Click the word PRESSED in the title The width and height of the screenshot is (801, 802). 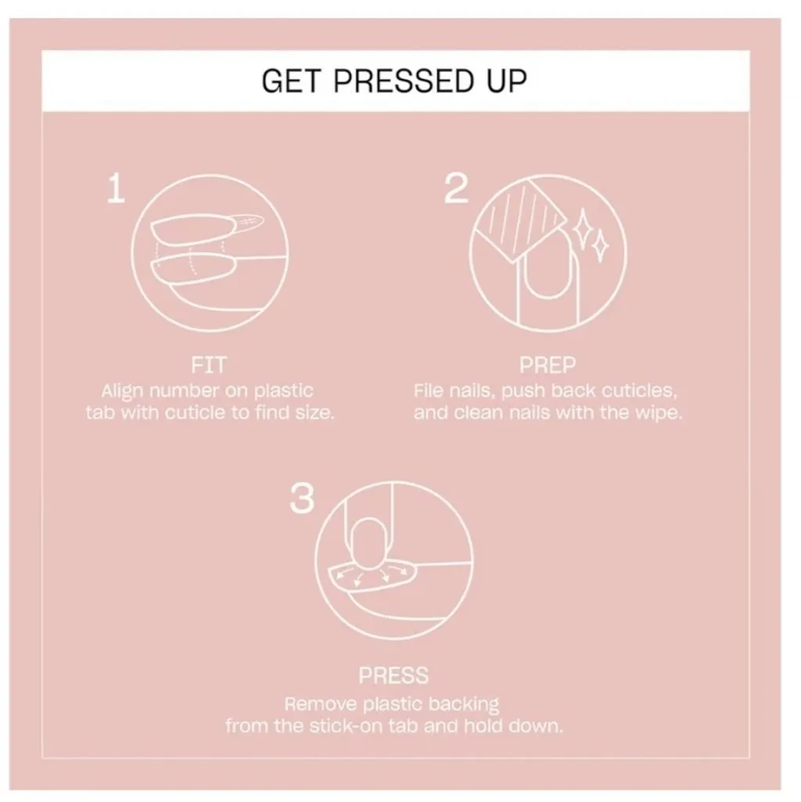click(404, 81)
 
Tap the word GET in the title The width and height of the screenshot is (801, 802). click(291, 81)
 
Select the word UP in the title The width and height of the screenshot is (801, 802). click(506, 81)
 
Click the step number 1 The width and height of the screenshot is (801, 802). click(116, 189)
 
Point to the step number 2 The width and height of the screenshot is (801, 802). click(456, 189)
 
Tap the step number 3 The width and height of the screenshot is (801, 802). click(302, 498)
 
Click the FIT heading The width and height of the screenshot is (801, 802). click(209, 365)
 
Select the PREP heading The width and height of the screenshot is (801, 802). click(548, 365)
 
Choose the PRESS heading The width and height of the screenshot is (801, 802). click(393, 676)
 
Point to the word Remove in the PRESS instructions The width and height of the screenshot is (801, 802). click(321, 704)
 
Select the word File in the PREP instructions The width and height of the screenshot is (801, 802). click(429, 390)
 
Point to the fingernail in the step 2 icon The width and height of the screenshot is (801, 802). click(548, 269)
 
